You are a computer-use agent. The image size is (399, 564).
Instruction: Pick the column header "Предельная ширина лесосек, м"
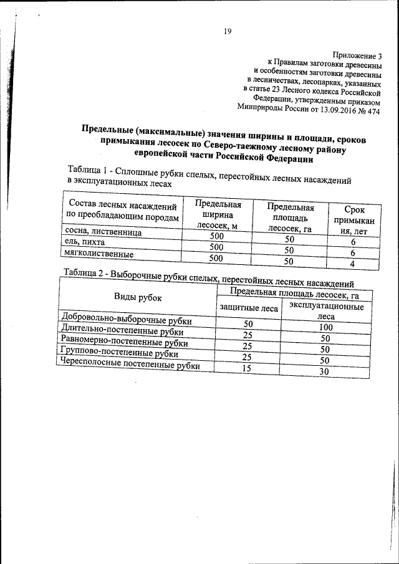point(217,214)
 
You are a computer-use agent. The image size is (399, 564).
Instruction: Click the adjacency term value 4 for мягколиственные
point(353,264)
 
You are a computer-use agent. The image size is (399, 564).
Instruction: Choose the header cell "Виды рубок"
point(137,297)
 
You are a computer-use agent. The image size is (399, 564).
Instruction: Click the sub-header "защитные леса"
point(248,308)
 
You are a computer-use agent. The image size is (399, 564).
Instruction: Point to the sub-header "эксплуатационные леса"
point(322,312)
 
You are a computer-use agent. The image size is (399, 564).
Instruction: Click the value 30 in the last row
point(322,372)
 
